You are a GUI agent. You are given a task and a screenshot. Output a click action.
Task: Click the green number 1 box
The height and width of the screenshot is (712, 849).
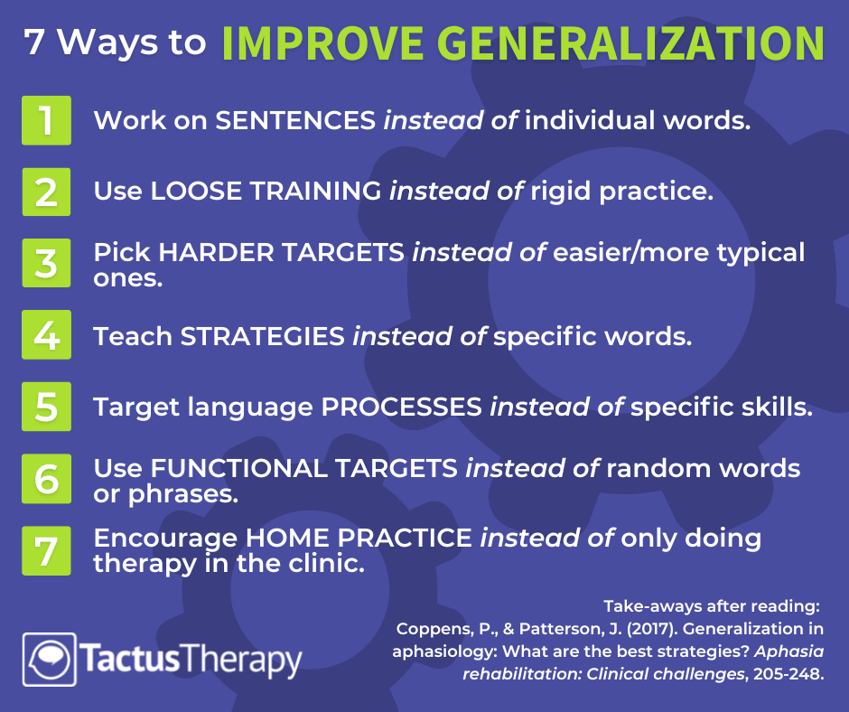click(46, 120)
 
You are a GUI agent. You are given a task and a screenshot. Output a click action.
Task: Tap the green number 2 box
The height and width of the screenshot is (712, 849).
click(46, 192)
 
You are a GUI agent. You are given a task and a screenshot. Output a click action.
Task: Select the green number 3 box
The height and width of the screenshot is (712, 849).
click(46, 263)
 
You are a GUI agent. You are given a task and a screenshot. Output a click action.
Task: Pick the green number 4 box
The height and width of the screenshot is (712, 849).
click(46, 335)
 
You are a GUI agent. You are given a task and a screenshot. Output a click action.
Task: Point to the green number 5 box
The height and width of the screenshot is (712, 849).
click(46, 407)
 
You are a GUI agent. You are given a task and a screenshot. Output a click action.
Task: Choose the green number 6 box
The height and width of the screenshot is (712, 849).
click(46, 479)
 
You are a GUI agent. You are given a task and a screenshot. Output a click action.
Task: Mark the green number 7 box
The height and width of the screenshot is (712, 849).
click(46, 550)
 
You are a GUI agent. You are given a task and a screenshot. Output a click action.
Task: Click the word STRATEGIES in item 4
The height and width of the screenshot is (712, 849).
click(263, 335)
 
